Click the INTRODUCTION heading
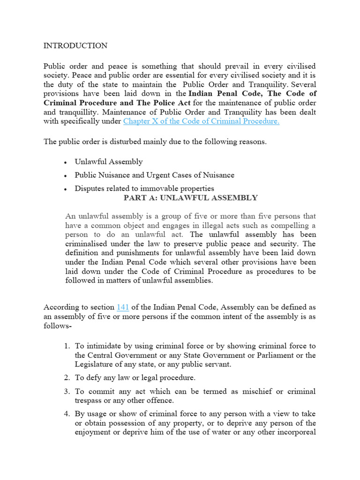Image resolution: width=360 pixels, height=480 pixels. (75, 45)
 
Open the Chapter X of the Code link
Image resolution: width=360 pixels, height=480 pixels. (201, 121)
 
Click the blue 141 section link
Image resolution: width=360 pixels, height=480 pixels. (122, 307)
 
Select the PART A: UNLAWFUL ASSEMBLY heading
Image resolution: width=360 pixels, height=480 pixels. (190, 198)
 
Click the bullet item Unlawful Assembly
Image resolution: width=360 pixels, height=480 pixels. (108, 162)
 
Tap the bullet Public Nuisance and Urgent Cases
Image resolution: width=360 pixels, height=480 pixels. (154, 175)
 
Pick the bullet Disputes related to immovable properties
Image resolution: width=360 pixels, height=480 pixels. (144, 188)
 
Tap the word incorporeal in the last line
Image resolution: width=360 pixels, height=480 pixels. (294, 432)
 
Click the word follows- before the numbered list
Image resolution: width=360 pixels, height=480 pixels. (57, 325)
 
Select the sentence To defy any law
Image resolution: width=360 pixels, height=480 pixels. (135, 378)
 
